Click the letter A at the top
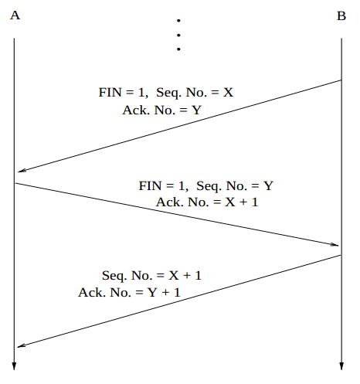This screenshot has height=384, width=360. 15,15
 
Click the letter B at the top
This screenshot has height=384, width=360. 341,16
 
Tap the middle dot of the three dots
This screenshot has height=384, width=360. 178,35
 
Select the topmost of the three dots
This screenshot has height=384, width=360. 178,20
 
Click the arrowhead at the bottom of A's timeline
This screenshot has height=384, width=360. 14,366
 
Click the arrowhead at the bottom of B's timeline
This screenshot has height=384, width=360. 341,366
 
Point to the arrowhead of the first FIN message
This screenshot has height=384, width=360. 22,170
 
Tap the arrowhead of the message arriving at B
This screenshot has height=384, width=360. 335,244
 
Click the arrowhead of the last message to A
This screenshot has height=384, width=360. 22,345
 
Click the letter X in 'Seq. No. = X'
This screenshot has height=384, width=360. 228,92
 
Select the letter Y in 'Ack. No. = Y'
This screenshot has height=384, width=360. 196,110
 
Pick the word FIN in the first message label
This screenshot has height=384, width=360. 110,92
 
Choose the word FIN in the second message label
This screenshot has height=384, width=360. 150,185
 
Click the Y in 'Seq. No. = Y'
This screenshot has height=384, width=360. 268,185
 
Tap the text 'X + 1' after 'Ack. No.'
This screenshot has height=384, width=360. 242,202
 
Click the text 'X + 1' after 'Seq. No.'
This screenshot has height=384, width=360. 185,275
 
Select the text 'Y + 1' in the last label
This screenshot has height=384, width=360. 164,292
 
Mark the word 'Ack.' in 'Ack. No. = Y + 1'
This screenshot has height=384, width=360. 92,292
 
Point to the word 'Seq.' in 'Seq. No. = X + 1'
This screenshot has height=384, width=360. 114,276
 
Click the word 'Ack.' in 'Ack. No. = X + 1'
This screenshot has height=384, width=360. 170,202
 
